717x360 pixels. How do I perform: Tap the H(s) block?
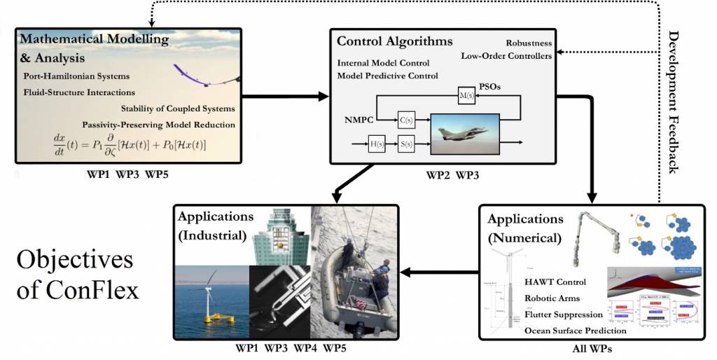pyautogui.click(x=378, y=146)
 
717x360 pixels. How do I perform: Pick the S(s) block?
pyautogui.click(x=407, y=146)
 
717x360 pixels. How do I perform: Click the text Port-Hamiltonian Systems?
pyautogui.click(x=76, y=76)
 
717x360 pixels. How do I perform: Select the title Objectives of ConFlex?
pyautogui.click(x=74, y=275)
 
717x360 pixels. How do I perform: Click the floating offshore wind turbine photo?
pyautogui.click(x=211, y=302)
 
